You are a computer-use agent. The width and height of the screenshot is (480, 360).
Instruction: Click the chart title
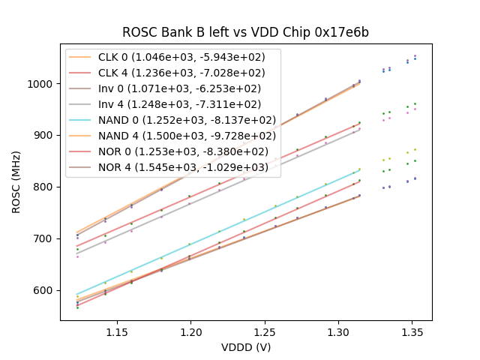pos(245,33)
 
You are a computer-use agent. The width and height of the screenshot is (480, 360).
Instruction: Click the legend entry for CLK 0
pos(172,57)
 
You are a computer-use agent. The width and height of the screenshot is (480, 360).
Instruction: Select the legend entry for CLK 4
pos(172,73)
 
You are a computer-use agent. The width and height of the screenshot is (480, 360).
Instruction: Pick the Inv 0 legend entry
pos(172,88)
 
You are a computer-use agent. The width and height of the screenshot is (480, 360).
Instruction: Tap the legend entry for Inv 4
pos(172,104)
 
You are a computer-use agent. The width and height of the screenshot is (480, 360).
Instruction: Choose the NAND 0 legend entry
pos(172,120)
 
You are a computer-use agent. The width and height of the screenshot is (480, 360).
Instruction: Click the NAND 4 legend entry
pos(172,136)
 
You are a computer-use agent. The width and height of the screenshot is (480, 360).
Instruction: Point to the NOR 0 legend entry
pos(172,151)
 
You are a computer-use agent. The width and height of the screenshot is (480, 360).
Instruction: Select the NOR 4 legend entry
pos(172,167)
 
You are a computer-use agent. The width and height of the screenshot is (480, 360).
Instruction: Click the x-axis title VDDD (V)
pos(245,347)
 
